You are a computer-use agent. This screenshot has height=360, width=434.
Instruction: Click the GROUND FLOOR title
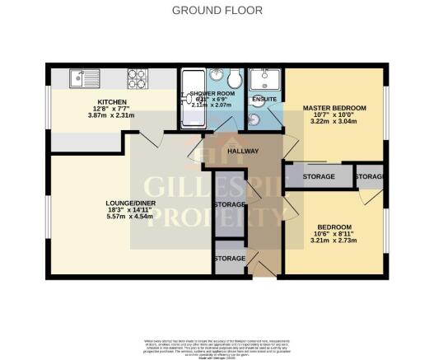217,11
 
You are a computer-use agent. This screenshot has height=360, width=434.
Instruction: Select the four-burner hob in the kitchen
137,79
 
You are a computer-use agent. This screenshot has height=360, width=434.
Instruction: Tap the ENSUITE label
264,100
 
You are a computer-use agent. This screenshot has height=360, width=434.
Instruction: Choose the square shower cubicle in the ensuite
264,79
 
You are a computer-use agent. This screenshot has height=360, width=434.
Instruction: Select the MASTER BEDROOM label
334,108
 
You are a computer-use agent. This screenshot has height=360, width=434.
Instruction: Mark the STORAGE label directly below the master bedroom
318,176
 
